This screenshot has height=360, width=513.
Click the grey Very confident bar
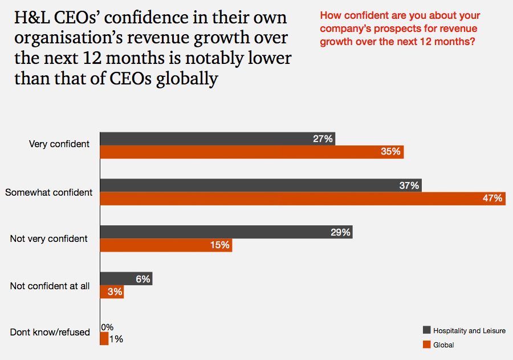click(x=217, y=139)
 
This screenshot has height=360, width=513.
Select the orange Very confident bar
click(x=251, y=152)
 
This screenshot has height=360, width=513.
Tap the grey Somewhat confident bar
click(x=260, y=185)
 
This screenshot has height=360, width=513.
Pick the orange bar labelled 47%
click(x=303, y=199)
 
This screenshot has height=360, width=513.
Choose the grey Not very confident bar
click(x=226, y=232)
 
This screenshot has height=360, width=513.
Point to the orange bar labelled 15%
click(x=166, y=245)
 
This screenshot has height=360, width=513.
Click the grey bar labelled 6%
click(x=126, y=279)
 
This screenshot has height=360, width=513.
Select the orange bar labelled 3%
click(x=112, y=292)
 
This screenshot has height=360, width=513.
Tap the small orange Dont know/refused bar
click(x=104, y=339)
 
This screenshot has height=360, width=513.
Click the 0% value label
click(x=107, y=327)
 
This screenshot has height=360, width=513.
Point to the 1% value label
click(x=116, y=339)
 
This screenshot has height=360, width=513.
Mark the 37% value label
click(x=409, y=185)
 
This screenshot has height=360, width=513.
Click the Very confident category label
click(x=59, y=144)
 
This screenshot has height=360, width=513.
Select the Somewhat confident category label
click(x=49, y=192)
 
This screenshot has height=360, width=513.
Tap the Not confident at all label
click(x=50, y=286)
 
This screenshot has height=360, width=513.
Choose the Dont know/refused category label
click(x=50, y=332)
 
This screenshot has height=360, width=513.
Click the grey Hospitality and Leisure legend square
click(x=426, y=330)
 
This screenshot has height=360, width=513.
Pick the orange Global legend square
click(x=426, y=344)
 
